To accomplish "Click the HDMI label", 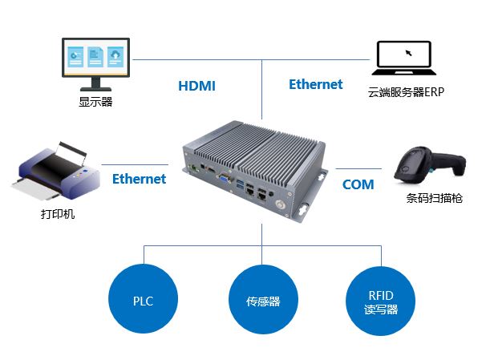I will coord(196,86).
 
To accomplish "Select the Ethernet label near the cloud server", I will coord(315,84).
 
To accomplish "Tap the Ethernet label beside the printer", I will coord(139,179).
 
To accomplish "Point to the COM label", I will coord(358,184).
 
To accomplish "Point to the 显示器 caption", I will coord(95,102).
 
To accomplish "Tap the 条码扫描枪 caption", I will coord(434,199).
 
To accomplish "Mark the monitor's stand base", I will coord(95,89).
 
